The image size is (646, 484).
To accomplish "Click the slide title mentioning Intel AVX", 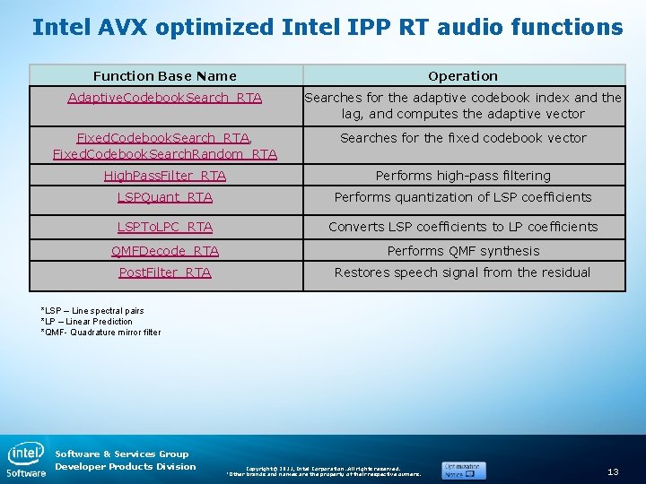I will click(327, 27).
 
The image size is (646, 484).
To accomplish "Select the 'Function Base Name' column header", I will click(165, 76).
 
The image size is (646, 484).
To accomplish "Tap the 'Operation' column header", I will click(463, 76).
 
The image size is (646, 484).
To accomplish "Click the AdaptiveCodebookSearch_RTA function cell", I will click(165, 98).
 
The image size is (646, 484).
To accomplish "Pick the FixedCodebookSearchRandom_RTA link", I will click(165, 154).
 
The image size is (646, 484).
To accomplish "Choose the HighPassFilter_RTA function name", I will click(165, 176).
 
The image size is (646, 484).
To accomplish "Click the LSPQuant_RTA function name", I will click(165, 197).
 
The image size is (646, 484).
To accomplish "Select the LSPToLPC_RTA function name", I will click(165, 227).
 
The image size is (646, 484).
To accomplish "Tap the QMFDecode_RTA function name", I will click(165, 251).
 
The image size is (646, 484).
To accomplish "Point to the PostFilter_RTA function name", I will click(165, 272).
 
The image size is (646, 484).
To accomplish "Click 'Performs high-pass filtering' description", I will click(463, 176).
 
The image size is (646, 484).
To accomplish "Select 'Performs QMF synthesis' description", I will click(463, 251).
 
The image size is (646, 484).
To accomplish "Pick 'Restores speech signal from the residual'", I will click(463, 272).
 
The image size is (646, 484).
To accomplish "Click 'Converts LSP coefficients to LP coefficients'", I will click(463, 227).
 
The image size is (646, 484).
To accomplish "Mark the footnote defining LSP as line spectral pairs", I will click(92, 311).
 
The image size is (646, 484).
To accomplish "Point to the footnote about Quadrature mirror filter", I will click(101, 333).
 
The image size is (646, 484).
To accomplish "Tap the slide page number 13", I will click(614, 471).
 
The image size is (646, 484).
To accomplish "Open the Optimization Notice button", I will click(463, 470).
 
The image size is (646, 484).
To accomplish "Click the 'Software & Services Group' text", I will click(122, 454).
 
